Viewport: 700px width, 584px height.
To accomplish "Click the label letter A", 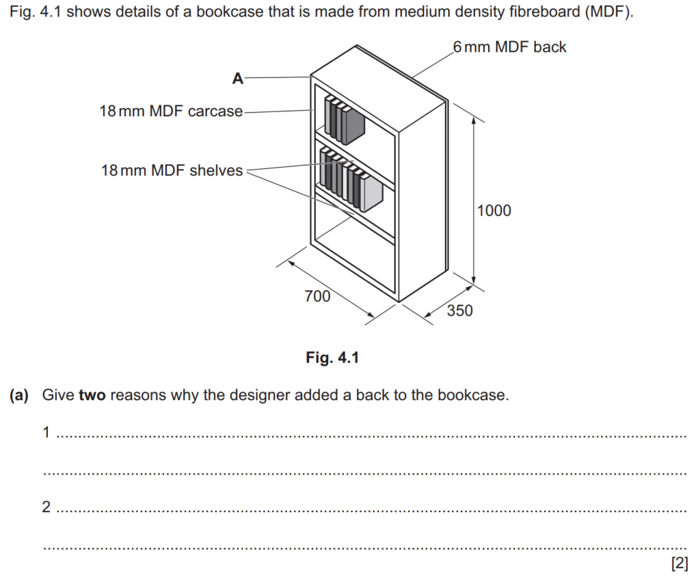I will (x=237, y=79).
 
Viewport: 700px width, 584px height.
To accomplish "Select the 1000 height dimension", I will (x=494, y=211).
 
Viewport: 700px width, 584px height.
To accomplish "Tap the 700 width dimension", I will (x=317, y=296).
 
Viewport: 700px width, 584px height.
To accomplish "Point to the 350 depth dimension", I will (x=460, y=310).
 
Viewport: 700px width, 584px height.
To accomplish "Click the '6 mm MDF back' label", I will (x=509, y=47).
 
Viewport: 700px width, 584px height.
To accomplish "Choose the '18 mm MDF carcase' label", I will (x=171, y=111).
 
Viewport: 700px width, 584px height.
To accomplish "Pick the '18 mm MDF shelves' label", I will (x=172, y=170).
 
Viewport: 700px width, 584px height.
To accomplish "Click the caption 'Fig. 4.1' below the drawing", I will (x=332, y=358).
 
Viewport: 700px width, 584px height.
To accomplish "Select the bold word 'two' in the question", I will (x=92, y=395).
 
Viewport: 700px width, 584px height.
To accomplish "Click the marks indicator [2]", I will (x=679, y=563).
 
